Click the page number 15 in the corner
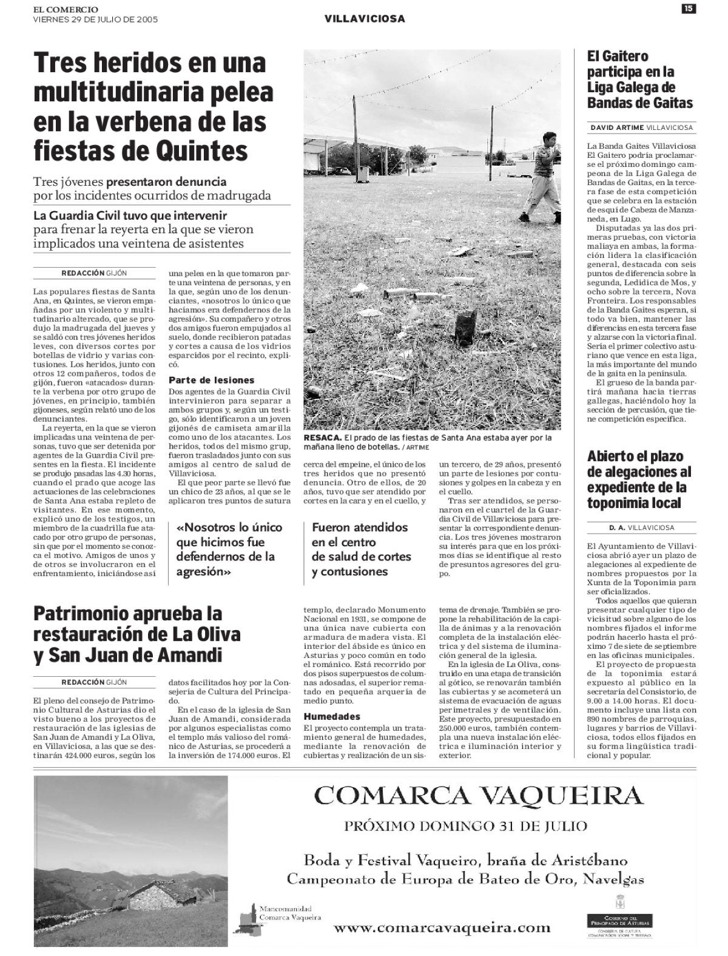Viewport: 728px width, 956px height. (x=688, y=8)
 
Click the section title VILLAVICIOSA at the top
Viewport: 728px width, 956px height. (x=365, y=19)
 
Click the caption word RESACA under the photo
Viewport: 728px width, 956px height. (x=322, y=438)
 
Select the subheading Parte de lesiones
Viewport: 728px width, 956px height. (x=211, y=380)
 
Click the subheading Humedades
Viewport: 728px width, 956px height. (x=332, y=716)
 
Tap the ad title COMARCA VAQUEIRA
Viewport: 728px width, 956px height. (x=478, y=794)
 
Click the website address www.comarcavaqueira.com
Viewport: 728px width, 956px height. (x=442, y=927)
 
